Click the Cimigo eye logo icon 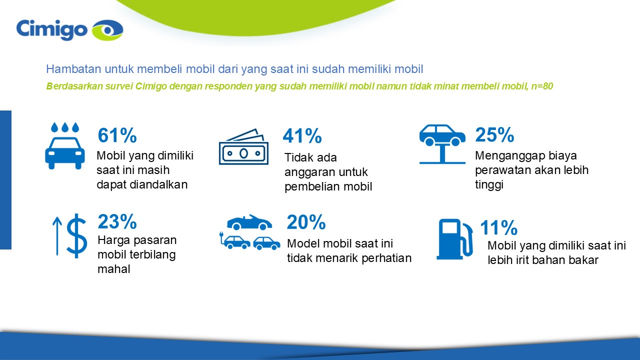click(107, 29)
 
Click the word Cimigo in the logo click(51, 30)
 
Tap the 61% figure click(117, 135)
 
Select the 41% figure click(302, 135)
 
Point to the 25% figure click(494, 134)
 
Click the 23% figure click(117, 221)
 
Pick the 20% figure click(306, 222)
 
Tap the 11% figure click(498, 227)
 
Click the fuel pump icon click(454, 239)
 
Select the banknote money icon click(243, 147)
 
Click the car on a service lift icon click(442, 144)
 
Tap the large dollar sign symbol click(76, 235)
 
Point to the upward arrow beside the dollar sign click(57, 236)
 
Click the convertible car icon click(249, 222)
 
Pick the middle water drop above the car click(65, 127)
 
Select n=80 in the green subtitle click(542, 86)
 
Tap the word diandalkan click(158, 184)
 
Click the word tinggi click(489, 185)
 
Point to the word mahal click(114, 269)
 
